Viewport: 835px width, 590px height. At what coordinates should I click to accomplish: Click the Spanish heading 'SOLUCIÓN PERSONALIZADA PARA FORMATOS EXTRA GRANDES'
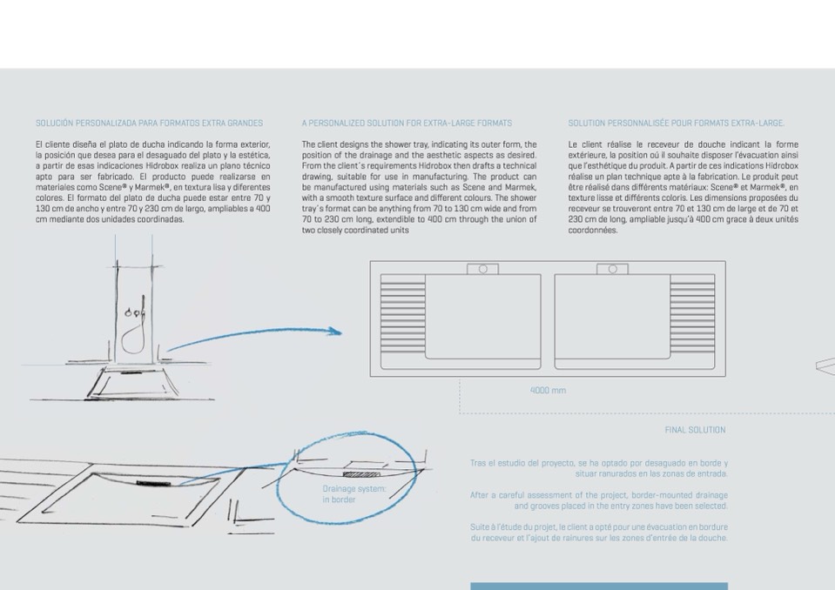click(x=149, y=124)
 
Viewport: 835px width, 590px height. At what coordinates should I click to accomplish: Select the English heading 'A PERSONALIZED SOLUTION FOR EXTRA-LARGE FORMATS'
click(x=407, y=124)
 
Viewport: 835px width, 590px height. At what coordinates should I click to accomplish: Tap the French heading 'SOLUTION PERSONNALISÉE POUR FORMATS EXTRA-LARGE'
click(x=676, y=124)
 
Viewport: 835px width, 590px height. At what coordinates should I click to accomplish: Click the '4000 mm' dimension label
click(x=548, y=391)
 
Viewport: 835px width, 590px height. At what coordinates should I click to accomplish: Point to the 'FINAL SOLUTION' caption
click(x=695, y=430)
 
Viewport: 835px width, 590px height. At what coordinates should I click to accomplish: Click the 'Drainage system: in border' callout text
click(x=354, y=494)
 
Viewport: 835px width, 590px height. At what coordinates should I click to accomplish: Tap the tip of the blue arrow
click(x=340, y=331)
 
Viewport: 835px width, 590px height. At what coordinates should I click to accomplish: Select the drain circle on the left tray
click(x=482, y=269)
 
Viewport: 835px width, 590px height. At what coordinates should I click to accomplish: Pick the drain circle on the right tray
click(x=612, y=269)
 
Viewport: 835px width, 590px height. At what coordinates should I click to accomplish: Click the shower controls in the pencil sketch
click(x=135, y=312)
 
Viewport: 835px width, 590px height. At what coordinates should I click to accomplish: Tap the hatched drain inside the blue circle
click(x=361, y=474)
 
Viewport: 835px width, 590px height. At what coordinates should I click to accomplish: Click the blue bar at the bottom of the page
click(x=598, y=586)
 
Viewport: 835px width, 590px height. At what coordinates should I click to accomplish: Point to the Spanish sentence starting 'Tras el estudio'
click(x=599, y=468)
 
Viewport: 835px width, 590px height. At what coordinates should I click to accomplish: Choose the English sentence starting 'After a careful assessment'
click(x=599, y=500)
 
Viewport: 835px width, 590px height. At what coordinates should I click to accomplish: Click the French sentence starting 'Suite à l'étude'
click(x=599, y=533)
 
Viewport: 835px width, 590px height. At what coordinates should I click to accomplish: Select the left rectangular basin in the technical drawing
click(x=482, y=317)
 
